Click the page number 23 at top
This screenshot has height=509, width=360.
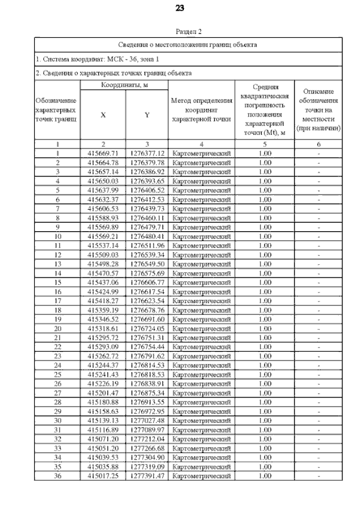click(180, 8)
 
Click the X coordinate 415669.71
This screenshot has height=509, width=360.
click(103, 153)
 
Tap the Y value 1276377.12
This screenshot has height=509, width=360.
click(147, 153)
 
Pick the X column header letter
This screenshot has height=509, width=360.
click(103, 115)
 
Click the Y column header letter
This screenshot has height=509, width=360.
click(147, 115)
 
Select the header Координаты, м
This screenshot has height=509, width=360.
click(124, 84)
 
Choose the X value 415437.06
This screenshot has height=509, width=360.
click(103, 282)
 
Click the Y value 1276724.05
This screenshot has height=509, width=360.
click(147, 328)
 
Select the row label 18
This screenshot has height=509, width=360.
click(57, 310)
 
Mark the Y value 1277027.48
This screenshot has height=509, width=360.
click(147, 421)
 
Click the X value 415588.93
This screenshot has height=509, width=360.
click(103, 218)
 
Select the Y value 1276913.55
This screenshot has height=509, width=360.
click(147, 402)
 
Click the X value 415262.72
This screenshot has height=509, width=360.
click(103, 356)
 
